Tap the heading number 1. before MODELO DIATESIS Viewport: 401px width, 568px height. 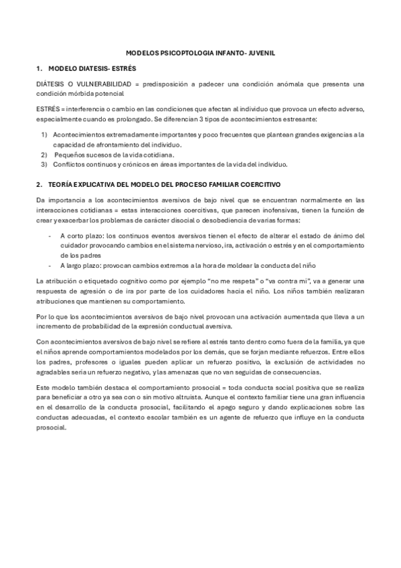tap(39, 68)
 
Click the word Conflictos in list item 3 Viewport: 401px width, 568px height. tap(69, 163)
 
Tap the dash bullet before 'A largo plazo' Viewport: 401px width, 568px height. tap(51, 265)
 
